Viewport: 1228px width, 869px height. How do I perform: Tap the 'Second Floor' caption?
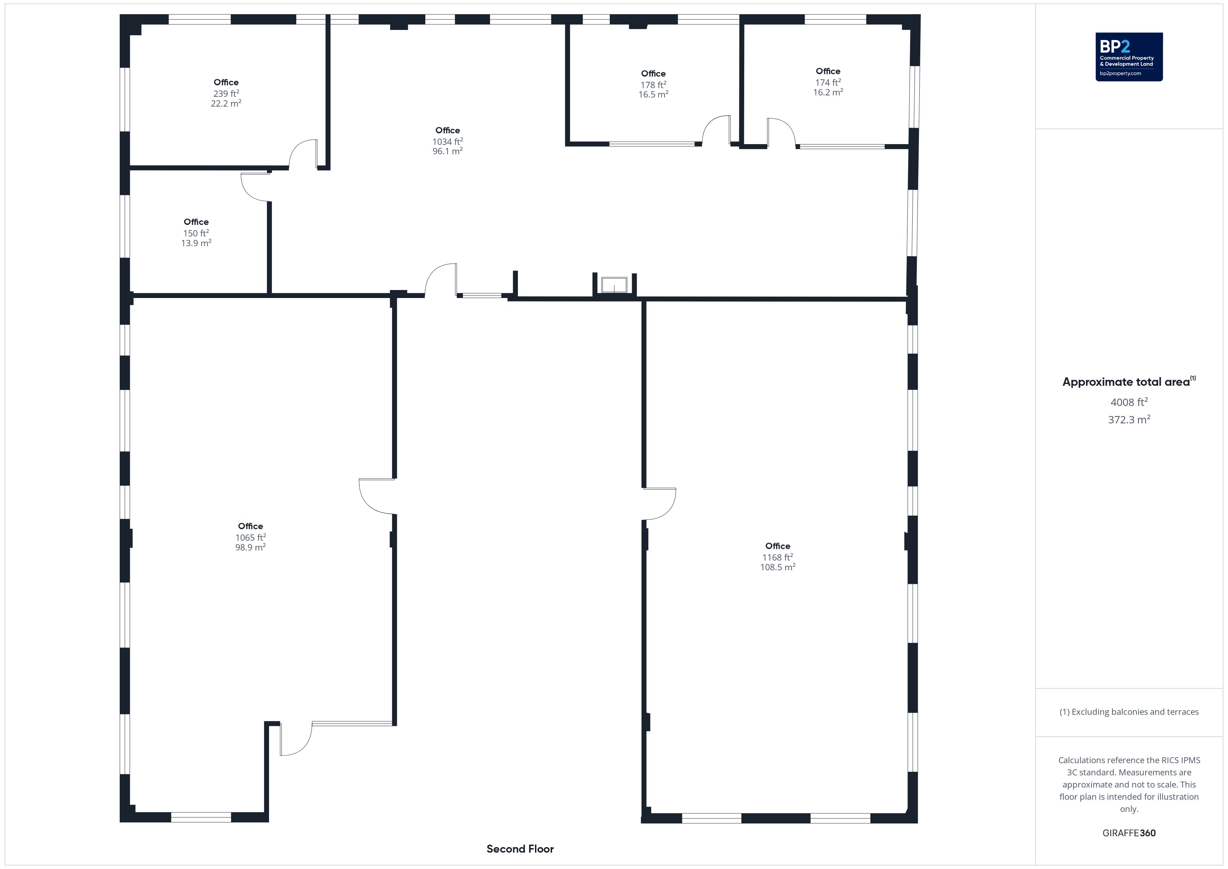point(520,849)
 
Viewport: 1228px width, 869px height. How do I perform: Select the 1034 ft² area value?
point(448,142)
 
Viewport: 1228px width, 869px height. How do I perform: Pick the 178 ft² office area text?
point(653,85)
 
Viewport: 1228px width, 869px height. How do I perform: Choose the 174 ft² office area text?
point(828,83)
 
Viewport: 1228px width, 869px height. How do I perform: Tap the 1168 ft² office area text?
point(778,557)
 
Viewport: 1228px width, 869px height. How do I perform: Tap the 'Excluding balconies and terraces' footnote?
point(1128,712)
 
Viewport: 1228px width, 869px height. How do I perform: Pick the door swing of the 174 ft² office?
point(780,132)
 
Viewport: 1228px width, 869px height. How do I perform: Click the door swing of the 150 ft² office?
point(254,187)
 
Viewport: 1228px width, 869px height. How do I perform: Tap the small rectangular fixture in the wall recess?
point(614,285)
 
